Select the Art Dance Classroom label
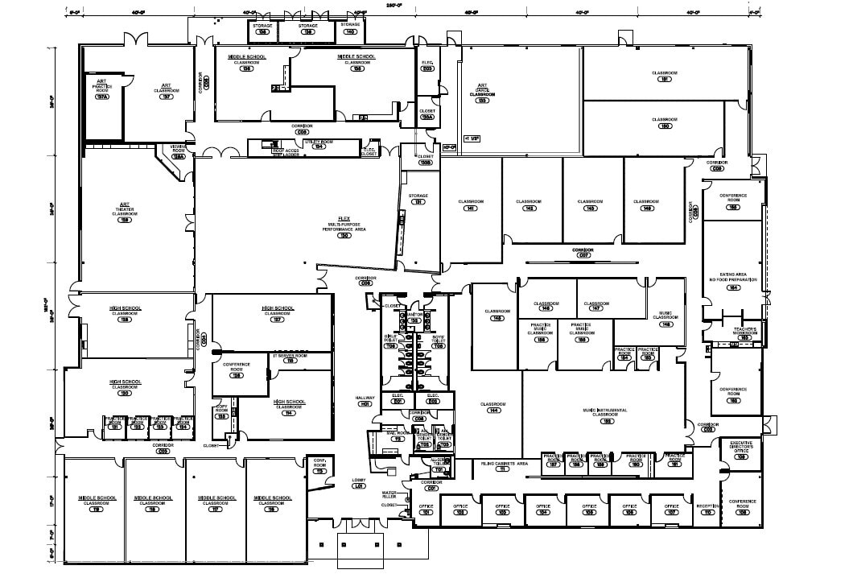click(483, 93)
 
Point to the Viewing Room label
click(178, 151)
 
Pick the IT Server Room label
click(291, 357)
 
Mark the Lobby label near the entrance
click(359, 483)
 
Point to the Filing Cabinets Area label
click(505, 464)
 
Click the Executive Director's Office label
click(740, 447)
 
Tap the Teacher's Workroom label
click(744, 332)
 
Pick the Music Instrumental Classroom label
click(608, 414)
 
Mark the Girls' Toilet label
click(390, 339)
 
